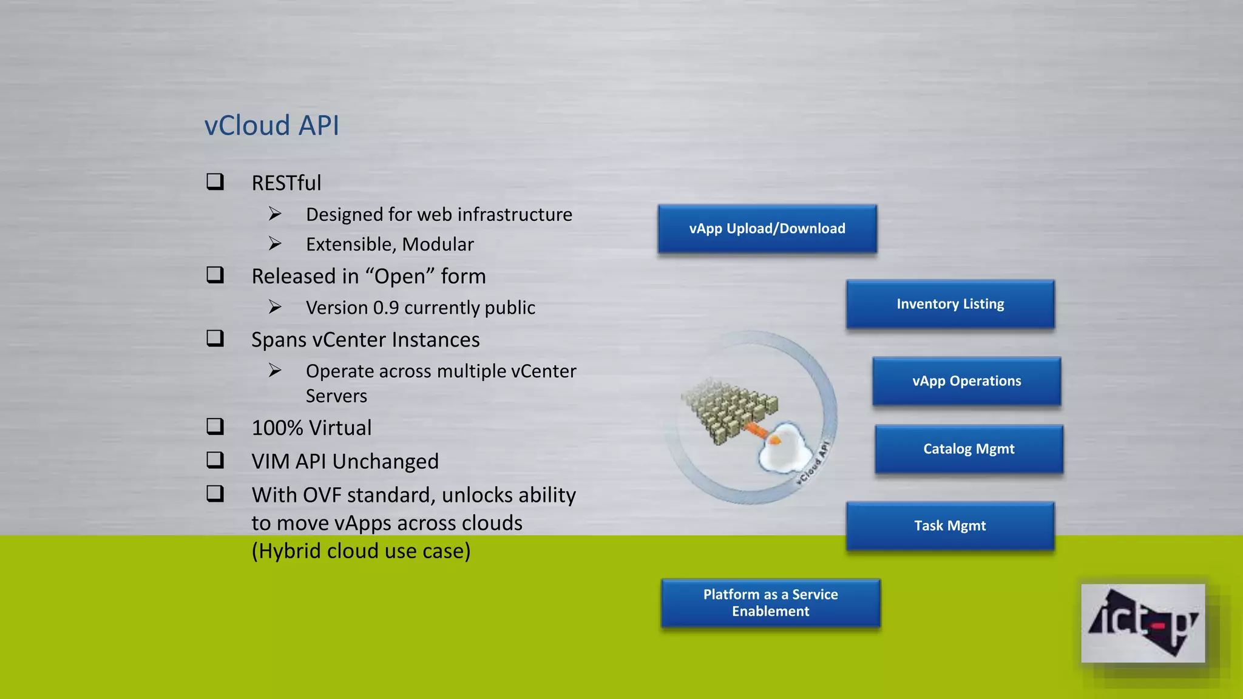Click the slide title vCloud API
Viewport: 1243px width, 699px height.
[x=271, y=126]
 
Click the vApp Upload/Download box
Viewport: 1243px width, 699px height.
[x=767, y=229]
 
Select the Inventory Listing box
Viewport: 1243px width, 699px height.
[x=950, y=304]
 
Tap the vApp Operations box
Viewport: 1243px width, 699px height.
[x=966, y=381]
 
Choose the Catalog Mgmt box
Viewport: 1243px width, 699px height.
[x=969, y=449]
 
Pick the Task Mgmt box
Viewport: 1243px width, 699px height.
[x=950, y=525]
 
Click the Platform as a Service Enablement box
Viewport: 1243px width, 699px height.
[x=770, y=603]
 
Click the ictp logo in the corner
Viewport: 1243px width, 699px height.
[x=1142, y=623]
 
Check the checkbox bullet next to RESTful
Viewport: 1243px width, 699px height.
[x=215, y=182]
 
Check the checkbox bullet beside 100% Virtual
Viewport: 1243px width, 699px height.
[x=215, y=427]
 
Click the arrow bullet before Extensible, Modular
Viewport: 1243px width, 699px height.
[x=275, y=244]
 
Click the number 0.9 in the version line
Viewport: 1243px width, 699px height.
[x=386, y=308]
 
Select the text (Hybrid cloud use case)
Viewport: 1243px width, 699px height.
[x=361, y=551]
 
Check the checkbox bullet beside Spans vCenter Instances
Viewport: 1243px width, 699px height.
[x=215, y=339]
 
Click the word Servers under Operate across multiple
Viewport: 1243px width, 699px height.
[x=336, y=396]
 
